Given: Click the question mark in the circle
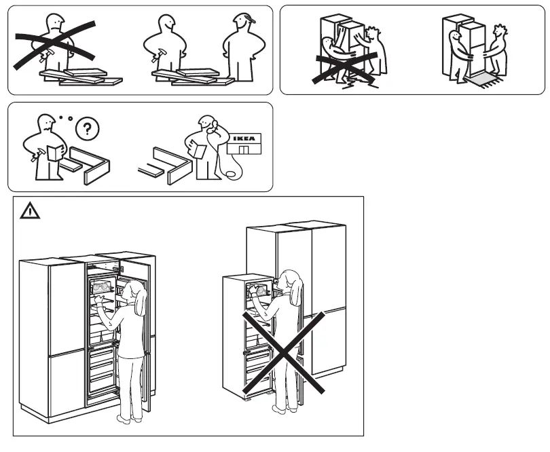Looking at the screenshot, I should [x=86, y=127].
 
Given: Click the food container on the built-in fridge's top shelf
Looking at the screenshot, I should [x=102, y=288].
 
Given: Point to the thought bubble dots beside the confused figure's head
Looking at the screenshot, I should [x=65, y=118].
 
